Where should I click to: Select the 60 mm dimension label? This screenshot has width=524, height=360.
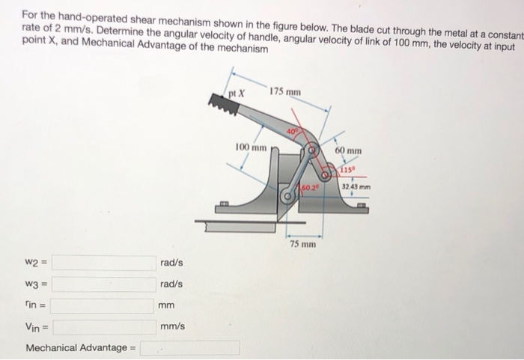pos(348,150)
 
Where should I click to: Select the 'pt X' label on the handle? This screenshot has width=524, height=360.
pos(238,94)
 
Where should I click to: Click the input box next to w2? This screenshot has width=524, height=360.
pos(103,263)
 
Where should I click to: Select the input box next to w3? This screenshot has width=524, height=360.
pos(103,284)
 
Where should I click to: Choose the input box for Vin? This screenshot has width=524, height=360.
pos(103,326)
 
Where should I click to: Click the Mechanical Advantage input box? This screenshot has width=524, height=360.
pos(189,348)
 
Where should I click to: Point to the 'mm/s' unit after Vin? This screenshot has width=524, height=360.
pos(172,326)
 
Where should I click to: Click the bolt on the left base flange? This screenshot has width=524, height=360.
pos(224,204)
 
